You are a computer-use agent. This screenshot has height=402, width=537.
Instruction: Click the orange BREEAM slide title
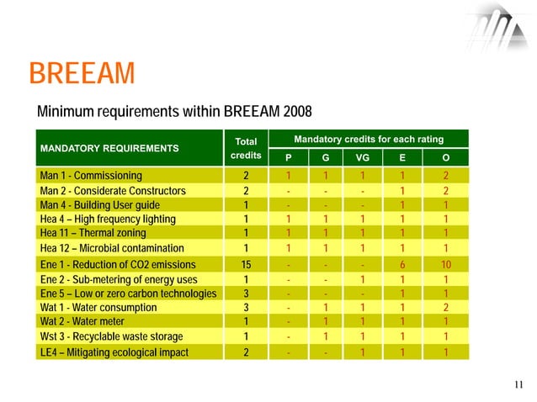click(x=82, y=74)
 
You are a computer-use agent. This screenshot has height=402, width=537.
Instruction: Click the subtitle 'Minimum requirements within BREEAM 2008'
click(x=174, y=112)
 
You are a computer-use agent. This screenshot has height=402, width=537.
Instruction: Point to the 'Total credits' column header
click(x=246, y=149)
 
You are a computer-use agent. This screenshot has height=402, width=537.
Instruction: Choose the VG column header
click(x=363, y=157)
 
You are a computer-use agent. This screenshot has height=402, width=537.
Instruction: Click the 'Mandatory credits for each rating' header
click(x=368, y=138)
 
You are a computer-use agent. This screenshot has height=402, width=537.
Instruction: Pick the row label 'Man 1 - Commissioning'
click(x=91, y=176)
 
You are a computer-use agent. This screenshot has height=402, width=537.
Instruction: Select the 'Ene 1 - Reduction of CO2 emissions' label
click(x=117, y=264)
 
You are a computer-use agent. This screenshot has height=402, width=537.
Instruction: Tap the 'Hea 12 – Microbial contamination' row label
click(x=111, y=248)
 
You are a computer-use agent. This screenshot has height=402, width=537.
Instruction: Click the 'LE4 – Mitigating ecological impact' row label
click(x=114, y=352)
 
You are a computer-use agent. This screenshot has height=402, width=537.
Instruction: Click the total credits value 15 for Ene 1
click(x=246, y=264)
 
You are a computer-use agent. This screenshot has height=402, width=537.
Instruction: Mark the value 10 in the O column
click(x=445, y=264)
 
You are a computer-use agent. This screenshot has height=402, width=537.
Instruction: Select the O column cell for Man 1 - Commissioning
click(x=445, y=176)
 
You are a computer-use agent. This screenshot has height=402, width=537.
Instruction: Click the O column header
click(x=445, y=157)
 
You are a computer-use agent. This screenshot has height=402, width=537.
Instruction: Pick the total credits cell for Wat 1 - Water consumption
click(x=246, y=308)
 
